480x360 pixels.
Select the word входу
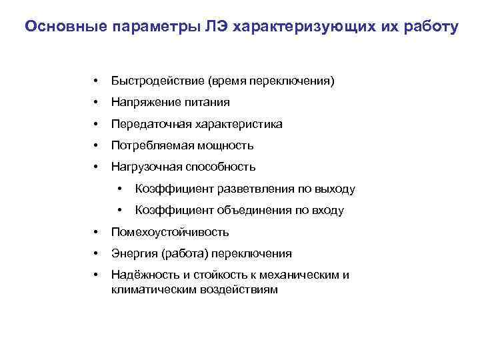tap(325, 211)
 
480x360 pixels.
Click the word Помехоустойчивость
tap(171, 233)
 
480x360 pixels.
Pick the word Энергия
tap(133, 254)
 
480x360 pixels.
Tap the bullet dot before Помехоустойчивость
tap(97, 233)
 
